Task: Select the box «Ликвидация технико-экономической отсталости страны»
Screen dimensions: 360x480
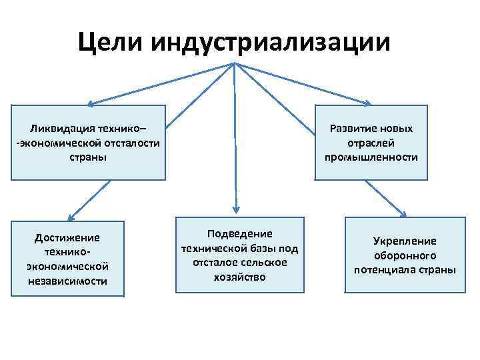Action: point(88,142)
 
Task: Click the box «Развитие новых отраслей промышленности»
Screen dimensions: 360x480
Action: point(371,142)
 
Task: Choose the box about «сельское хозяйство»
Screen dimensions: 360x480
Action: point(240,255)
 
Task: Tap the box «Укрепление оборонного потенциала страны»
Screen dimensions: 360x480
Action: point(404,255)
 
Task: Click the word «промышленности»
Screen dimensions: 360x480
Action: point(371,157)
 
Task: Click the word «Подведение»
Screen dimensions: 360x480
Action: point(240,233)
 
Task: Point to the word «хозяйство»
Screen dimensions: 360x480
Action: point(240,277)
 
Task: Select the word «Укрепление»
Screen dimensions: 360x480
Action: point(404,241)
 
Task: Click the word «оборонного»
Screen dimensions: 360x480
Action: point(404,255)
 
